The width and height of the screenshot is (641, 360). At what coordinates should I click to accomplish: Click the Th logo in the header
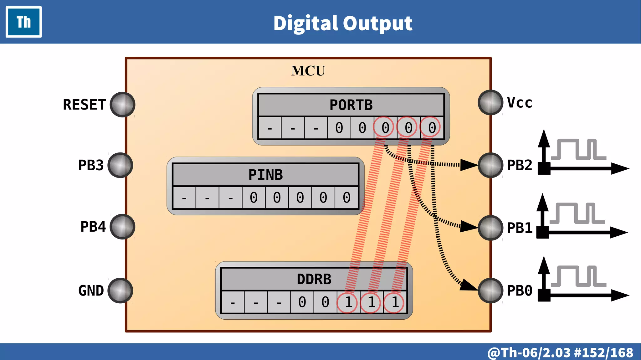click(24, 22)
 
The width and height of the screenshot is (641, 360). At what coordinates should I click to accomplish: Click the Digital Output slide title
click(343, 23)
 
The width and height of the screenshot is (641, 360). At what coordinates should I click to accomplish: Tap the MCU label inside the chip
click(308, 71)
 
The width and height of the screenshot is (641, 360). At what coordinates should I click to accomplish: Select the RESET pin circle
click(122, 105)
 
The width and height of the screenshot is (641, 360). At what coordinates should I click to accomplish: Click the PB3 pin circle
click(120, 165)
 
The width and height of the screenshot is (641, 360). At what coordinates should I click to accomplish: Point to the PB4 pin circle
click(122, 227)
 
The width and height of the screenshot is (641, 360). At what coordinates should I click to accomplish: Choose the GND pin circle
click(120, 291)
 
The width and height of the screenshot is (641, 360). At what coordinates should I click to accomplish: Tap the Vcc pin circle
click(490, 102)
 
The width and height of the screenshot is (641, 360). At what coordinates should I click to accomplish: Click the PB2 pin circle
click(490, 165)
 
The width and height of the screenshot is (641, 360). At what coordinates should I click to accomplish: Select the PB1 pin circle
click(490, 228)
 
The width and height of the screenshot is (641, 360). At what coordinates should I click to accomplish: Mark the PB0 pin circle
click(490, 291)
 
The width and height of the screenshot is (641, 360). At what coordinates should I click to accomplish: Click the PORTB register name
click(351, 105)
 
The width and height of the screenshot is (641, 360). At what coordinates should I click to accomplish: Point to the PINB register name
click(265, 175)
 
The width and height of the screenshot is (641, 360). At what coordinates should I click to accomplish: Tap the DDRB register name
click(314, 279)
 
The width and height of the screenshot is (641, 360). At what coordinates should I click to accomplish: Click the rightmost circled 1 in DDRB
click(395, 302)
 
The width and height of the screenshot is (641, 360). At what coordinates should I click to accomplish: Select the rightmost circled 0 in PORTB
click(432, 128)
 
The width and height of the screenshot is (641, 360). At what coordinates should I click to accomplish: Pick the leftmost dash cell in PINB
click(184, 198)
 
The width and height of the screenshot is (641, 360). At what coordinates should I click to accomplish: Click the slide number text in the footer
click(560, 352)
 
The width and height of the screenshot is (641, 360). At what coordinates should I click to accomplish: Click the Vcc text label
click(519, 103)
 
